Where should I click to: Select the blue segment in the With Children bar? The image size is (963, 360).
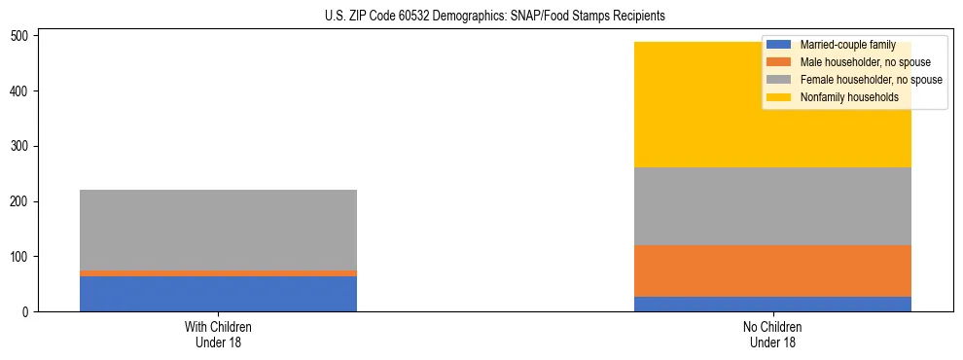[218, 294]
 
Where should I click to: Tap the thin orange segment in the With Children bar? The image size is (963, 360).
[218, 273]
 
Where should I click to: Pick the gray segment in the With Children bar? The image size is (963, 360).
[218, 230]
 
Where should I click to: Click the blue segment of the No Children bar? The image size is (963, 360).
[772, 304]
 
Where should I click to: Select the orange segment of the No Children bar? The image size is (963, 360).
[772, 270]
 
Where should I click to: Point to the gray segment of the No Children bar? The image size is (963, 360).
[772, 206]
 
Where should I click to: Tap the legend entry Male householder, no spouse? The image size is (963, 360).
[865, 62]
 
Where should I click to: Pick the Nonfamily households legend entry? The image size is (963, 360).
[848, 97]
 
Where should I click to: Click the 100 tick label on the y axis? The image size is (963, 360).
[25, 257]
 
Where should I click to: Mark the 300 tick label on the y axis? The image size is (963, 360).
[25, 146]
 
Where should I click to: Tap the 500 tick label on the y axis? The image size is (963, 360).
[25, 36]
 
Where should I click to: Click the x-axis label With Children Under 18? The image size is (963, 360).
[218, 334]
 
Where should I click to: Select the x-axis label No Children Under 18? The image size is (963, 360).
[772, 334]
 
